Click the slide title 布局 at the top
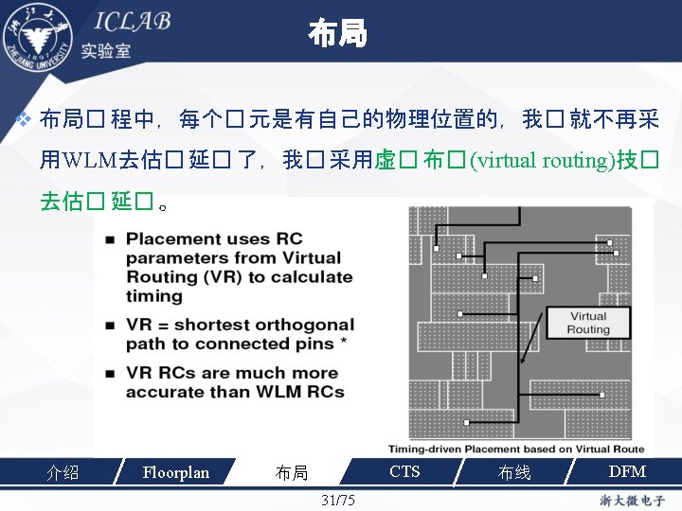tap(336, 35)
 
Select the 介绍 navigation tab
tap(63, 472)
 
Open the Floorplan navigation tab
tap(175, 471)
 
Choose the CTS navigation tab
tap(404, 471)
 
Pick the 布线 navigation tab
tap(514, 472)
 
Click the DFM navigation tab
tap(627, 471)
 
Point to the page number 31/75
tap(338, 499)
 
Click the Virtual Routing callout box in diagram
tap(588, 323)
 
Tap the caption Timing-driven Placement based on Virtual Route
tap(516, 449)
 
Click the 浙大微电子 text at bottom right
tap(632, 500)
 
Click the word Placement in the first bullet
tap(174, 239)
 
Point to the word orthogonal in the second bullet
tap(299, 325)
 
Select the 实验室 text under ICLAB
tap(106, 50)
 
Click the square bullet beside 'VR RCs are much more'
tap(111, 372)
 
